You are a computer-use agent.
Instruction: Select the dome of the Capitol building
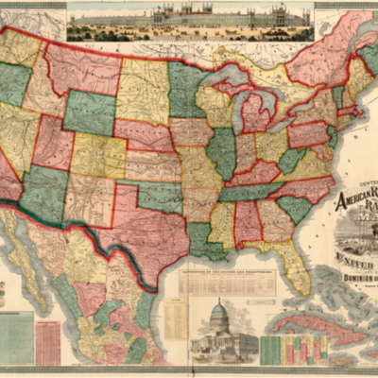click(218, 312)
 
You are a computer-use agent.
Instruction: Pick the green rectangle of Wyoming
click(89, 113)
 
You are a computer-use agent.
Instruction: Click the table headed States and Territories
click(219, 281)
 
